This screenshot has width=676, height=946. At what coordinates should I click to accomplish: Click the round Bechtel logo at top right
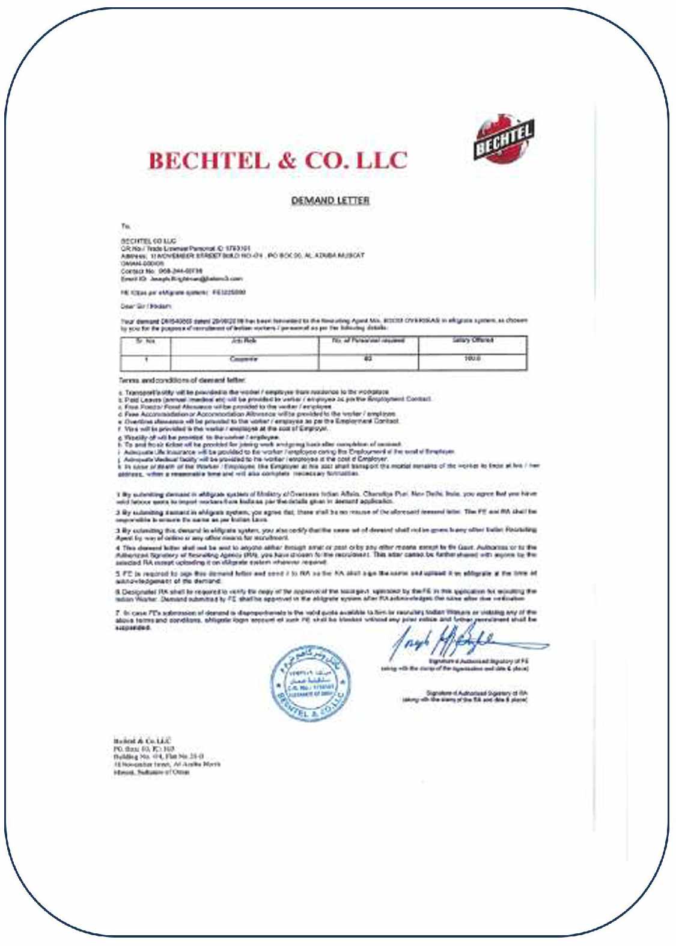click(x=504, y=140)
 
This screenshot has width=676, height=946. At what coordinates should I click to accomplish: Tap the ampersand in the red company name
click(x=287, y=161)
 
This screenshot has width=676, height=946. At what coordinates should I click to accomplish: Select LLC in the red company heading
click(x=382, y=161)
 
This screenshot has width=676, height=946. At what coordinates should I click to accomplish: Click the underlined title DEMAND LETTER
click(x=330, y=200)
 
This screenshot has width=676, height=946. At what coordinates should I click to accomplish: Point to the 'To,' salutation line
click(x=126, y=227)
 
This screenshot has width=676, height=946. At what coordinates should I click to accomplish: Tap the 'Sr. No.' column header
click(x=145, y=341)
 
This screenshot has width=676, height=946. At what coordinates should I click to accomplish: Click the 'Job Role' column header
click(x=244, y=341)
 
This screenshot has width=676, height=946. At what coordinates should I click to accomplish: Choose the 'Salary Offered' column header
click(x=472, y=340)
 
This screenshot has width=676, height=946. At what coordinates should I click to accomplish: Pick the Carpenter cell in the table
click(x=244, y=359)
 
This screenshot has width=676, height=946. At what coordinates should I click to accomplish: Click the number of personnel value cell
click(x=368, y=359)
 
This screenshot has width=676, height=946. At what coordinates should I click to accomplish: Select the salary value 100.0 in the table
click(x=472, y=359)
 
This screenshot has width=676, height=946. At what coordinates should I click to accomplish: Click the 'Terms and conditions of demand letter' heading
click(x=181, y=380)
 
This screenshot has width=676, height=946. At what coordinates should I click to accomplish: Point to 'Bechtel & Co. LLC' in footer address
click(x=142, y=741)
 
